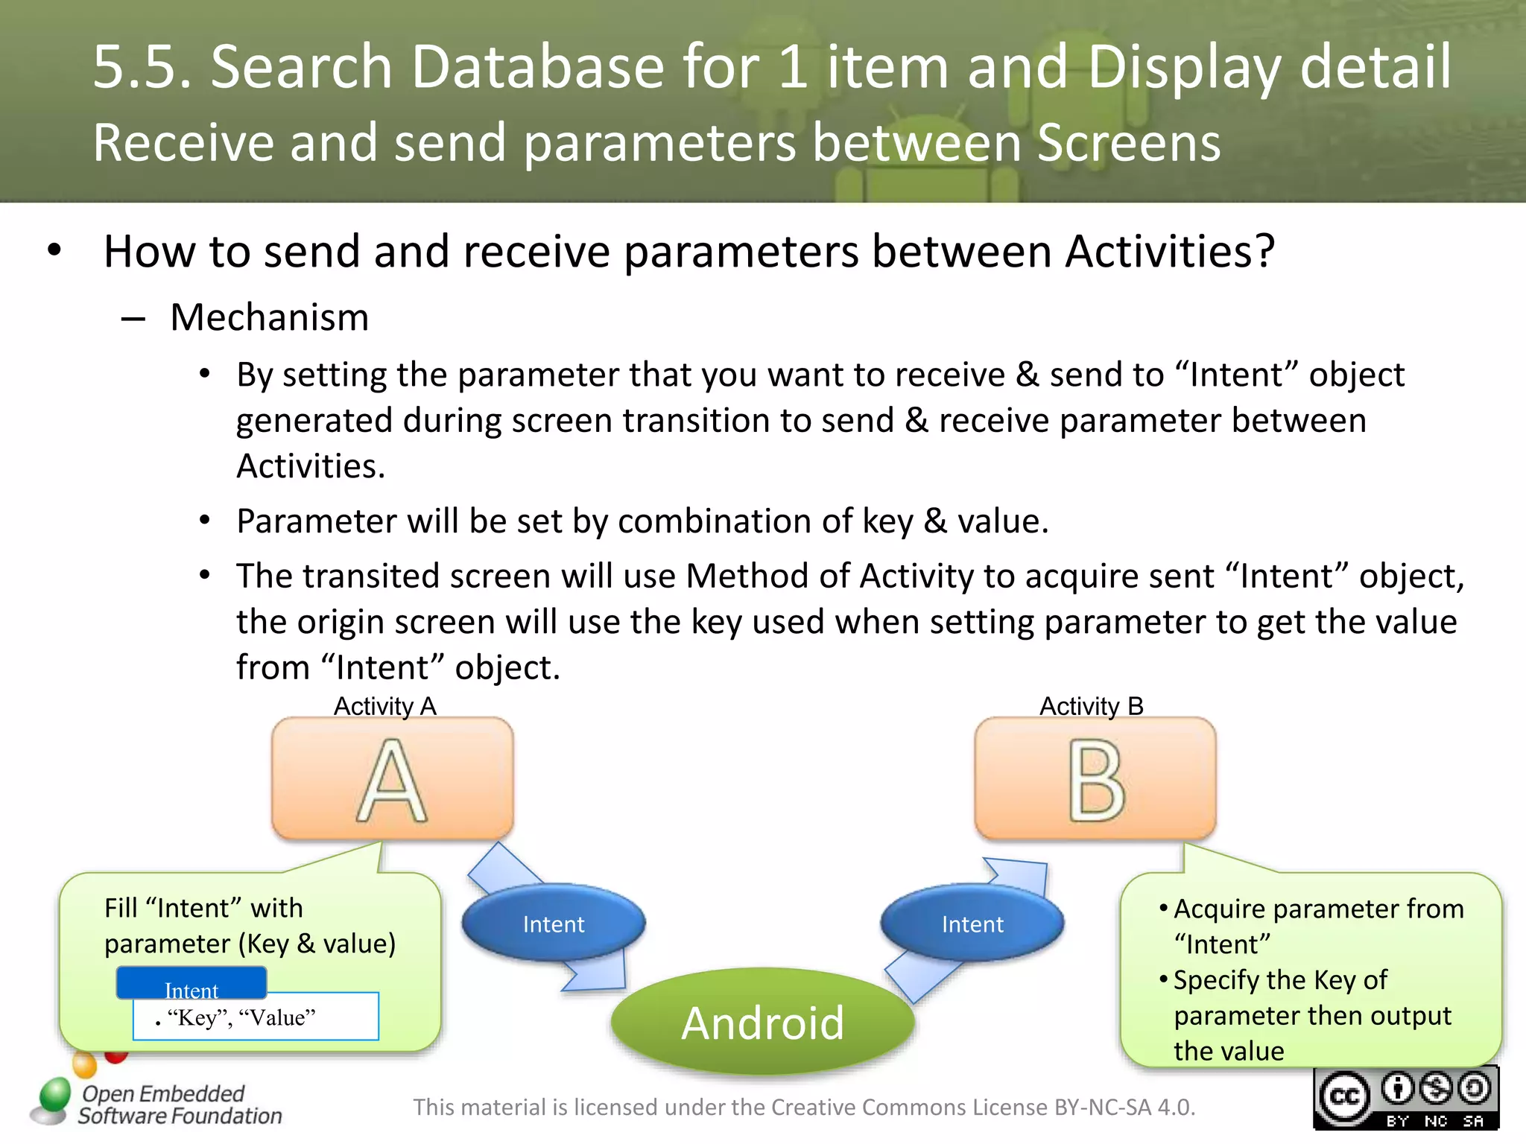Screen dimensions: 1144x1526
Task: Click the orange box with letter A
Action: (392, 778)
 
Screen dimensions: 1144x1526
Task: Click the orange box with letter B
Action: (1095, 778)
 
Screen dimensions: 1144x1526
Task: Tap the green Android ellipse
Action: (762, 1022)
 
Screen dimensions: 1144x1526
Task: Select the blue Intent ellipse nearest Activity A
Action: (553, 924)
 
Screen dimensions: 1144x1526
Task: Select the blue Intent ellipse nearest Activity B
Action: (972, 924)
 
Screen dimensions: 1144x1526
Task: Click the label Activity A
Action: (384, 705)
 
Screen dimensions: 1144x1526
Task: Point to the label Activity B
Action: (1091, 705)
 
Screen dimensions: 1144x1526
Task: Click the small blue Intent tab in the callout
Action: (191, 983)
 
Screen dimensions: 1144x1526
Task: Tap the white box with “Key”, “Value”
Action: (256, 1017)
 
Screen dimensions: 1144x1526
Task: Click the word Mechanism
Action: (269, 317)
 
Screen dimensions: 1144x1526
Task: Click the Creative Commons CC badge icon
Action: (1344, 1098)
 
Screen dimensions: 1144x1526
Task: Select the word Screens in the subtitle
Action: (1128, 142)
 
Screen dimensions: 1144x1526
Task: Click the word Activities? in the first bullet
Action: (1170, 252)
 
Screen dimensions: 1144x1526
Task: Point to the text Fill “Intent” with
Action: (203, 908)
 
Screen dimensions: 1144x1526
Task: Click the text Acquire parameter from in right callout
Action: (1318, 909)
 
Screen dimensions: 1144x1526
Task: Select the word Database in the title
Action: (537, 67)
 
